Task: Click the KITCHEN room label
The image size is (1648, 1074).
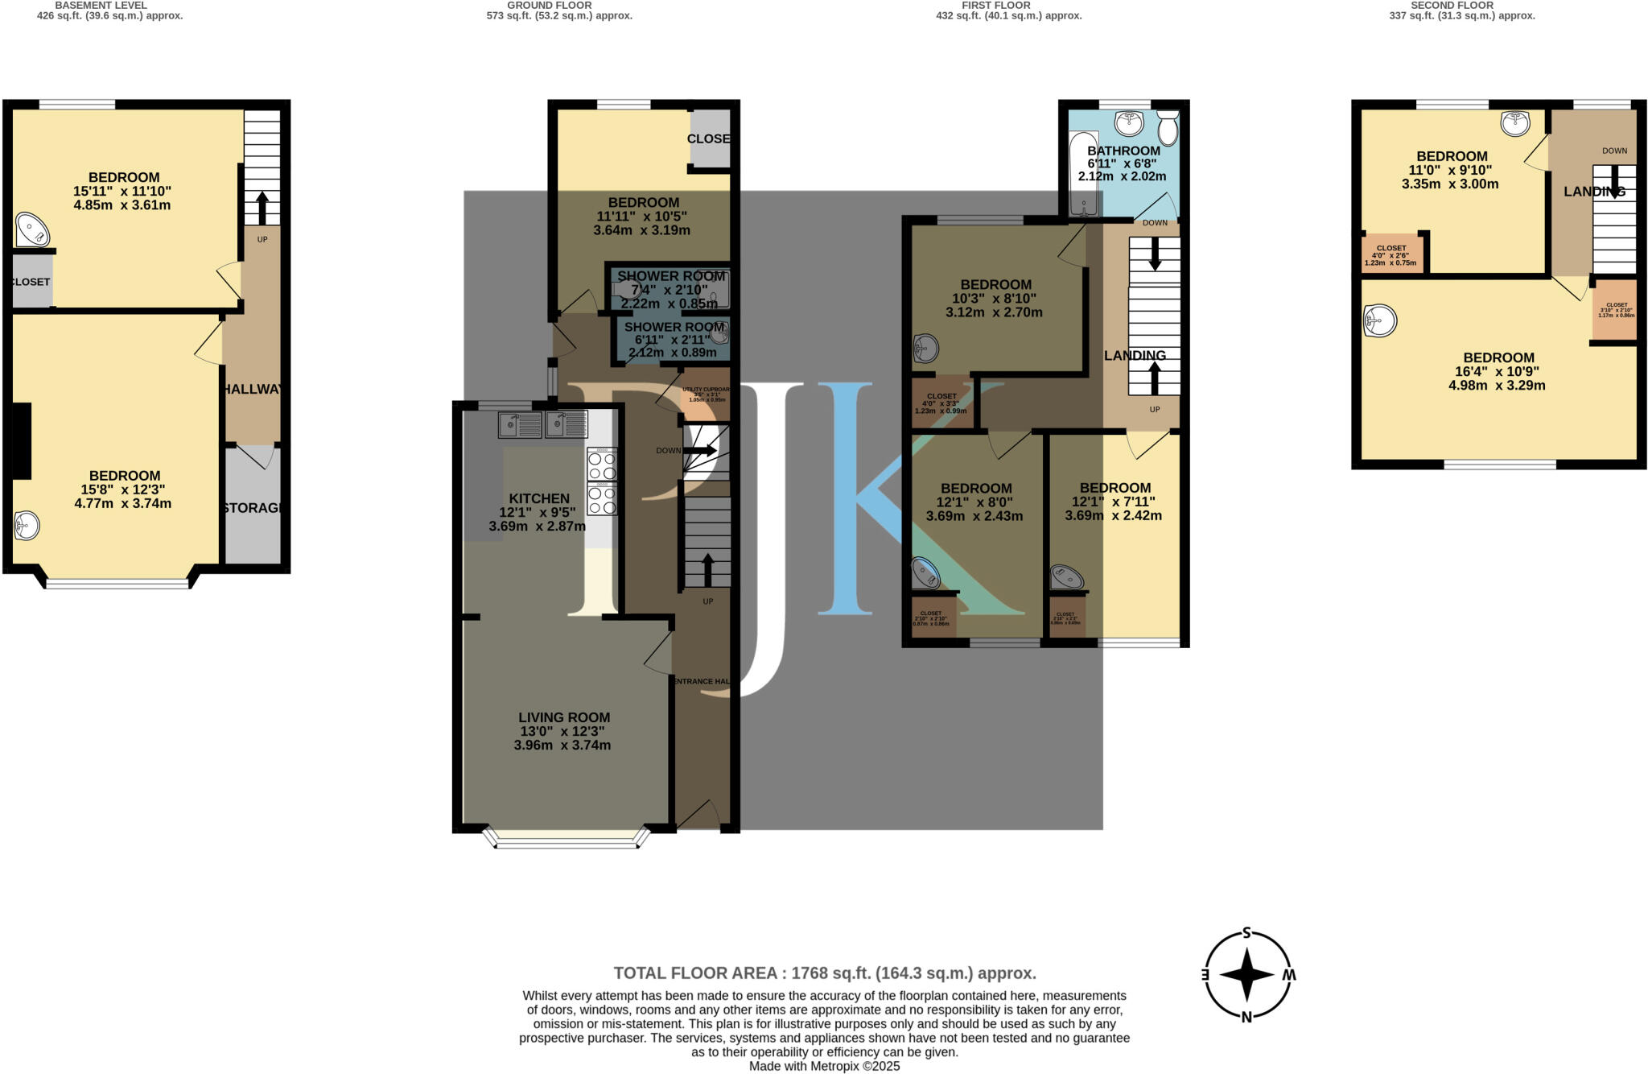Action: click(538, 498)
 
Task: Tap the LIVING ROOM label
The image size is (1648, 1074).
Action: click(563, 717)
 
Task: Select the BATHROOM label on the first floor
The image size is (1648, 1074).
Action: click(1123, 151)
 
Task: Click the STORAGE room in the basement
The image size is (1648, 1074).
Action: click(253, 507)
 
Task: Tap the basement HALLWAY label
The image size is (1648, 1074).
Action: click(253, 389)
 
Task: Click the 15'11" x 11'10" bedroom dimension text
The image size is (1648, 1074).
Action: click(124, 192)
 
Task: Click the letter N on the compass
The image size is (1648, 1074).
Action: click(1246, 1017)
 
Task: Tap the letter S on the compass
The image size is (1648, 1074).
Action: click(1246, 934)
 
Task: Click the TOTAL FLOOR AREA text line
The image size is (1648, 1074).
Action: click(824, 973)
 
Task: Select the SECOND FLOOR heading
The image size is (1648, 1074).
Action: click(1452, 5)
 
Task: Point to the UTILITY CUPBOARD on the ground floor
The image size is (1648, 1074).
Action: click(706, 394)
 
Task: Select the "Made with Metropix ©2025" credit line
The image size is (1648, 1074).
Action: click(824, 1066)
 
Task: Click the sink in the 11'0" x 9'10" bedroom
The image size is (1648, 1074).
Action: click(1515, 122)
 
